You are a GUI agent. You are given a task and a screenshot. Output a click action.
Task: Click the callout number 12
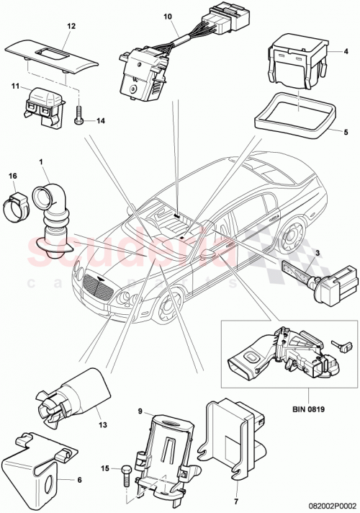point(71,25)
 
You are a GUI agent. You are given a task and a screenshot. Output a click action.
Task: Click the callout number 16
point(12,175)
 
